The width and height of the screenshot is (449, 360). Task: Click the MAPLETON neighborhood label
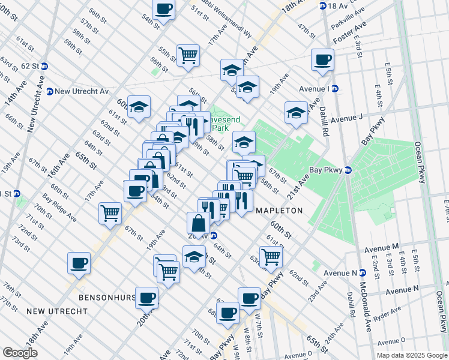[x=279, y=211]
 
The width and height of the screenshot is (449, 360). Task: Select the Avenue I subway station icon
[x=335, y=88]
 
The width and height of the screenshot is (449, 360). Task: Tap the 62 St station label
[x=30, y=66]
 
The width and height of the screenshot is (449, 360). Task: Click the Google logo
[x=20, y=353]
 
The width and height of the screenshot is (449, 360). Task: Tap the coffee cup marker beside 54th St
[x=163, y=9]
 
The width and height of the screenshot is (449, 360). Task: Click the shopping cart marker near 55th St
[x=188, y=55]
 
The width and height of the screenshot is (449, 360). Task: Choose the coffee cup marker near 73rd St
[x=79, y=262]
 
